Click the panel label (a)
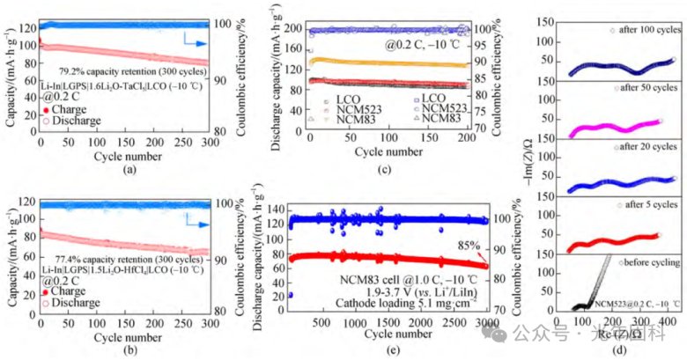click(138, 168)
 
